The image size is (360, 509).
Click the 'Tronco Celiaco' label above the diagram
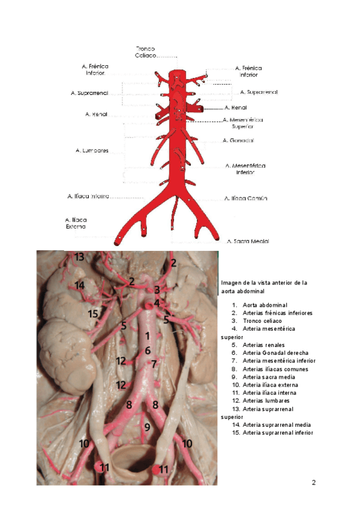(146, 52)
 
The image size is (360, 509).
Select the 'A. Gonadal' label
(238, 140)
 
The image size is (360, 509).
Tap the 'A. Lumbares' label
(92, 151)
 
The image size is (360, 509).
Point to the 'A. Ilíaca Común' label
(245, 198)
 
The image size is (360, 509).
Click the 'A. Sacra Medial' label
(248, 241)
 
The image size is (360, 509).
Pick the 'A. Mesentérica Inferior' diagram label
(245, 168)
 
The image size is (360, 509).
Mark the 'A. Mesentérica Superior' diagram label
(243, 123)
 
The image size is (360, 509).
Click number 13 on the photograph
(80, 258)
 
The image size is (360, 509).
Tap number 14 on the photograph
(80, 285)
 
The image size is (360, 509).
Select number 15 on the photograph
(93, 314)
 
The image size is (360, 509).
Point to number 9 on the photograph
(147, 427)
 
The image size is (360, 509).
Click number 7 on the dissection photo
(154, 364)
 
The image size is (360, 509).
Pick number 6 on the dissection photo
(147, 350)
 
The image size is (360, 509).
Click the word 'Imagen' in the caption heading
(231, 282)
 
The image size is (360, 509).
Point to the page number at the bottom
(313, 483)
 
